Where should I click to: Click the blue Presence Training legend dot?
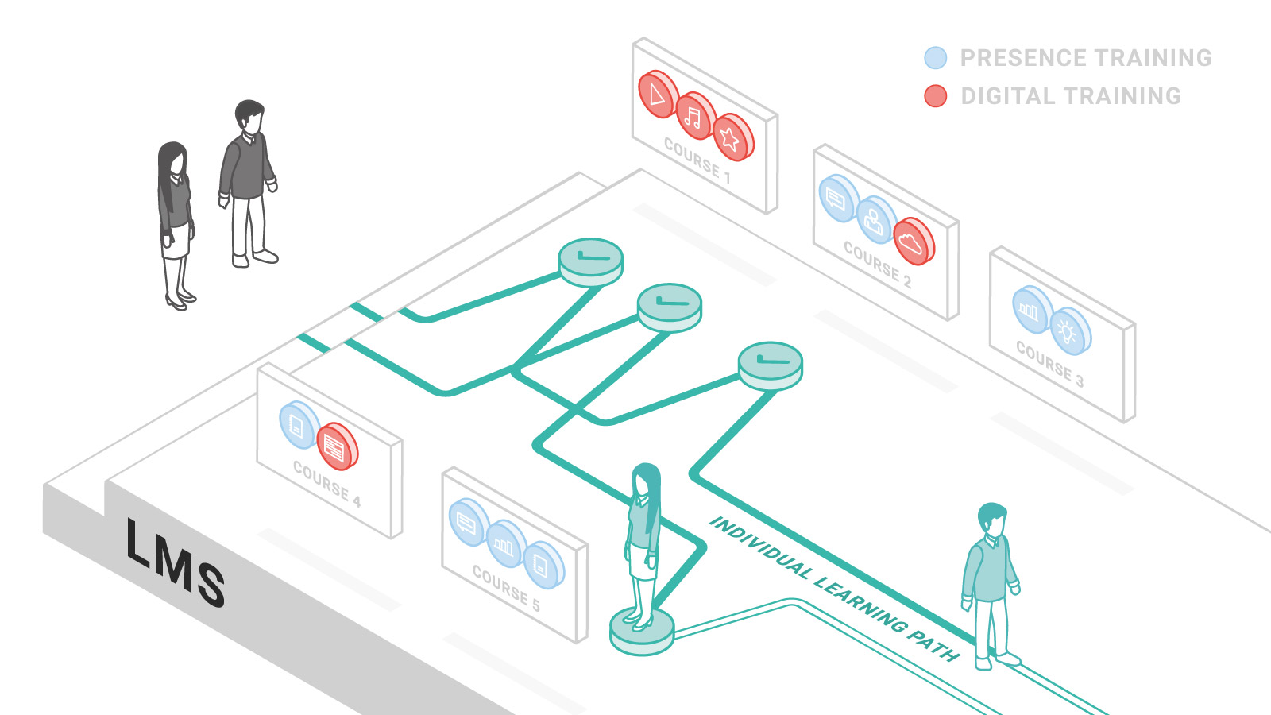(x=936, y=58)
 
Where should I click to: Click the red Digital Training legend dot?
(x=936, y=96)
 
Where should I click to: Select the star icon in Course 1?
(x=730, y=139)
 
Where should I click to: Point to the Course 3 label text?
(x=1049, y=364)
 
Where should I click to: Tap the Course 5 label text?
(x=506, y=588)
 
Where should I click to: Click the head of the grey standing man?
(x=249, y=117)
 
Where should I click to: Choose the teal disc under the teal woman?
(x=641, y=632)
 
